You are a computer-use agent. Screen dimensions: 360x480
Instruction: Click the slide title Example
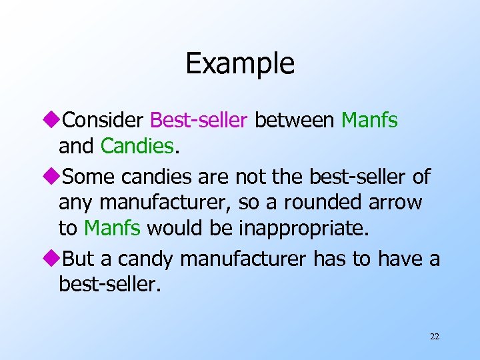pos(240,64)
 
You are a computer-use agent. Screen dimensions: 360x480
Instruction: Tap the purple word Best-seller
pos(199,121)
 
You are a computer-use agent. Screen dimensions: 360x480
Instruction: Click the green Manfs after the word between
pos(369,121)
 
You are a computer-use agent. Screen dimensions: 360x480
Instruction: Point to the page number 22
pos(435,337)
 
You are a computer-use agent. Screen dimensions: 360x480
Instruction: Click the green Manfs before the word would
pos(112,228)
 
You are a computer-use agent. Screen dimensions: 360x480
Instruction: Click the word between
pos(295,121)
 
